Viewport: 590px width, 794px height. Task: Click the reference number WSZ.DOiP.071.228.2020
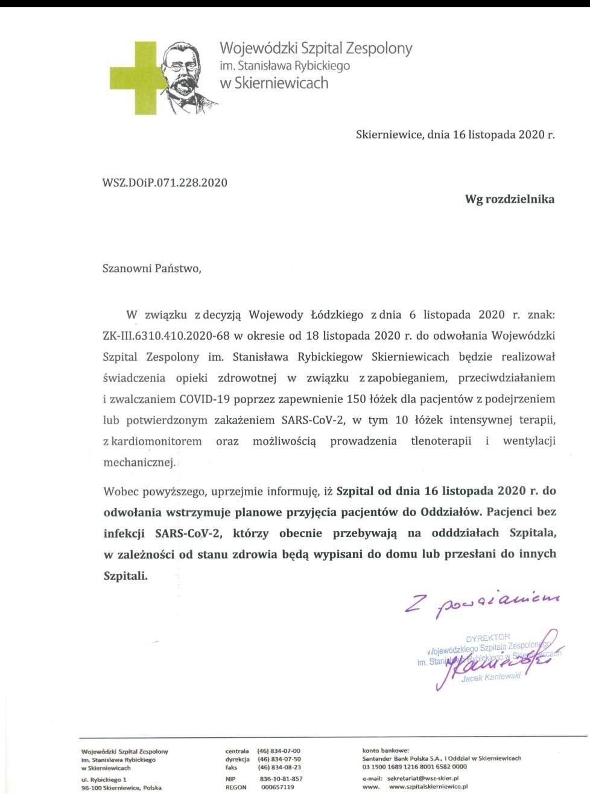point(165,182)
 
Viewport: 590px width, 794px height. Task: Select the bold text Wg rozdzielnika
point(509,198)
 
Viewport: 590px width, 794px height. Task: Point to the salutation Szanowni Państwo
point(151,268)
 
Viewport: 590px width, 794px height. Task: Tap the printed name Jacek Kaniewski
point(490,677)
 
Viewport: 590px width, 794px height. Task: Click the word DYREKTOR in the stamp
point(488,637)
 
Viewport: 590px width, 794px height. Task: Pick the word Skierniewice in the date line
point(389,135)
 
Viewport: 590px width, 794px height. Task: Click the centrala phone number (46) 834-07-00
point(279,751)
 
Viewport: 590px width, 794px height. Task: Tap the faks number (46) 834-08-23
point(279,767)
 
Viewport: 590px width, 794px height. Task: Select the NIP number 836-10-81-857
point(281,779)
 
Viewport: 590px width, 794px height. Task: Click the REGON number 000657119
point(278,787)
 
